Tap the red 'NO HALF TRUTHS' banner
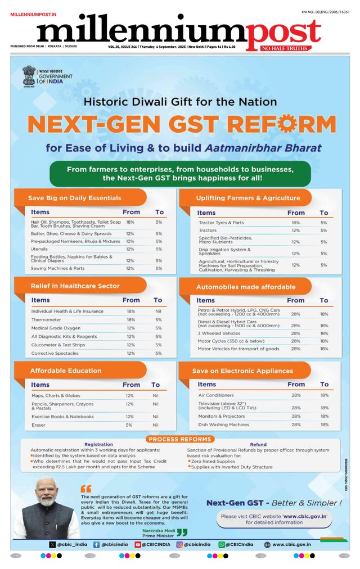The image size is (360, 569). click(283, 49)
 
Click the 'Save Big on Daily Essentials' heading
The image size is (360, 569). click(75, 198)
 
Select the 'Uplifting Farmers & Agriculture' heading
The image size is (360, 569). click(247, 198)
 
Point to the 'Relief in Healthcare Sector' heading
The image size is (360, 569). click(75, 286)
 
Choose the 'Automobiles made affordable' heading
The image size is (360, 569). click(245, 287)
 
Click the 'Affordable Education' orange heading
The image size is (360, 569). click(66, 371)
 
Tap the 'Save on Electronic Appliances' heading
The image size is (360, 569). click(242, 371)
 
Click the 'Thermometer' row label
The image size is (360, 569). click(47, 319)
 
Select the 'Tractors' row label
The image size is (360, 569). click(208, 231)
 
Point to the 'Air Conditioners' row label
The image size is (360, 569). click(216, 395)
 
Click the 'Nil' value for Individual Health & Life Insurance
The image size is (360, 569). click(158, 311)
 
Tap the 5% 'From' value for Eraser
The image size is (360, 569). click(130, 425)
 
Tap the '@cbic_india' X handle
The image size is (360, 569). click(70, 544)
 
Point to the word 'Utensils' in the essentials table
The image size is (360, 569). click(39, 249)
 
